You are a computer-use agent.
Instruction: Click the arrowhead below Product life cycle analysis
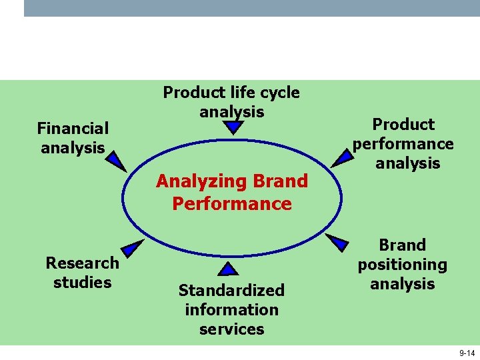pyautogui.click(x=231, y=127)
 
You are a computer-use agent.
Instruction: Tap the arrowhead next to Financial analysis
pyautogui.click(x=116, y=161)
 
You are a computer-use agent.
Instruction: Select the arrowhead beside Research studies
pyautogui.click(x=133, y=247)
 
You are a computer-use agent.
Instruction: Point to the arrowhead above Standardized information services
pyautogui.click(x=228, y=269)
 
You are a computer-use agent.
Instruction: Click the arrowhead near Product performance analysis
pyautogui.click(x=344, y=157)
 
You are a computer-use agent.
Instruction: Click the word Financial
pyautogui.click(x=73, y=128)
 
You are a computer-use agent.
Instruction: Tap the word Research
pyautogui.click(x=82, y=263)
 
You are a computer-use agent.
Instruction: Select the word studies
pyautogui.click(x=82, y=282)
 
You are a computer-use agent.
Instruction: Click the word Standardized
pyautogui.click(x=231, y=290)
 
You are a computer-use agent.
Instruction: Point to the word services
pyautogui.click(x=231, y=329)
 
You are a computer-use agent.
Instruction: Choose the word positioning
pyautogui.click(x=402, y=265)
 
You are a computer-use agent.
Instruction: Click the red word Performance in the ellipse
pyautogui.click(x=231, y=203)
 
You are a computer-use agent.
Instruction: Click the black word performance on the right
pyautogui.click(x=403, y=144)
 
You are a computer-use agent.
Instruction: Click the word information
pyautogui.click(x=231, y=309)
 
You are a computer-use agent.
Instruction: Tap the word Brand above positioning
pyautogui.click(x=402, y=245)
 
